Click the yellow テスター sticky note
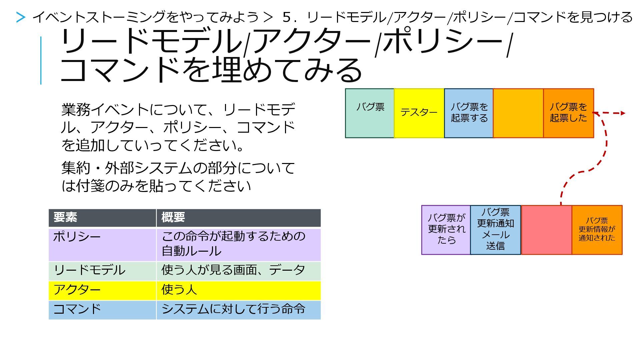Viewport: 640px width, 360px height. (419, 113)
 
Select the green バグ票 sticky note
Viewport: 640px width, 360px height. (370, 113)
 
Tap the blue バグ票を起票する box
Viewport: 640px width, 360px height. (469, 113)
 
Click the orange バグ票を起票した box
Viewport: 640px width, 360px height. (568, 113)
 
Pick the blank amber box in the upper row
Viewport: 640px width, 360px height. (518, 113)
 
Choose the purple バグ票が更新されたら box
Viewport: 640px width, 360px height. (446, 230)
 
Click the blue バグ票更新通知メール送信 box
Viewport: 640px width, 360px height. (495, 230)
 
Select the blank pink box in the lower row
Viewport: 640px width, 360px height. (546, 230)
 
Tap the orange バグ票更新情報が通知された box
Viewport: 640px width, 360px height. (597, 230)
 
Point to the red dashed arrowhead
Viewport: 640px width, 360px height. (622, 113)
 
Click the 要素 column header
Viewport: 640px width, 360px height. (102, 218)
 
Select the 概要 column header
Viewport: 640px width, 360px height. (238, 218)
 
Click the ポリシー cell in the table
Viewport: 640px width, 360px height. (102, 244)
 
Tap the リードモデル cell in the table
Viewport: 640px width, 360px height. (102, 271)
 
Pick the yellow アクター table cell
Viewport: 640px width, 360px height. (102, 290)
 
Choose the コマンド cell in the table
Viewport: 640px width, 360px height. (102, 310)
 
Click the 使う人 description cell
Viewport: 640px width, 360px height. (238, 290)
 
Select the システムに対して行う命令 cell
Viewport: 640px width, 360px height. (238, 310)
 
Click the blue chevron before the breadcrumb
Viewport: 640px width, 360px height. (21, 17)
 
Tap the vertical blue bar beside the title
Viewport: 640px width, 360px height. (41, 60)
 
